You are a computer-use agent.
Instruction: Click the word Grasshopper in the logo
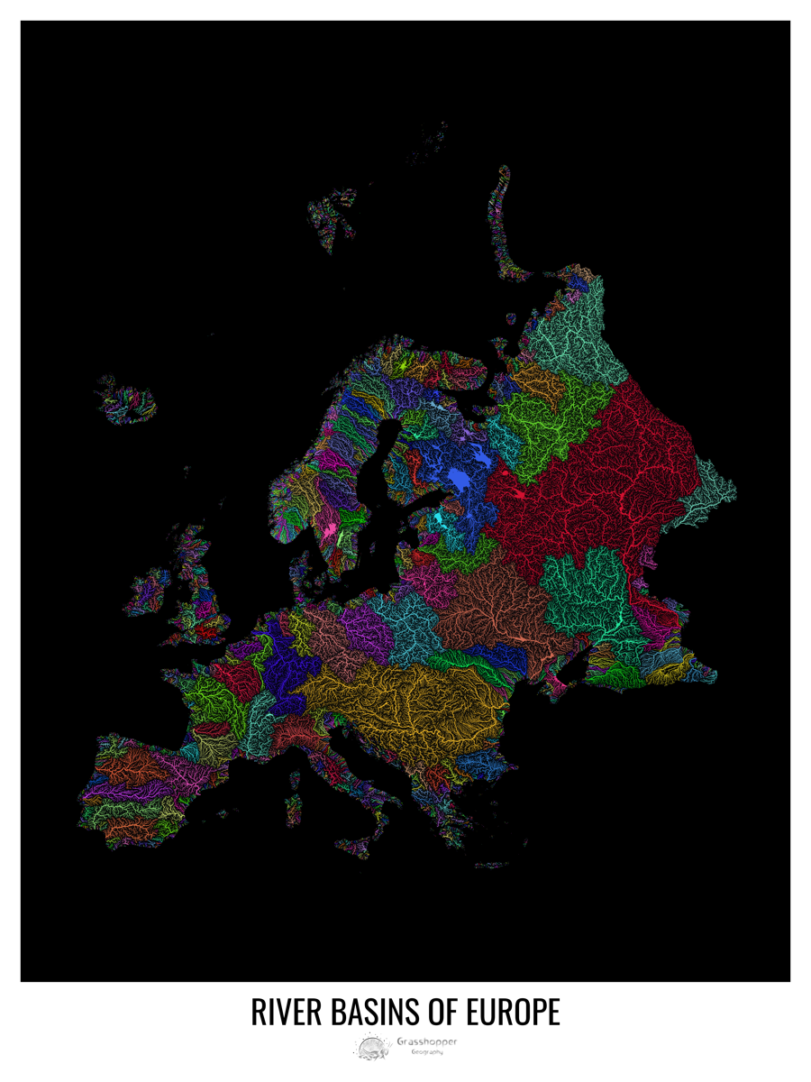pos(426,1041)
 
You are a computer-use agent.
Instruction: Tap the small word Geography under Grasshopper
pos(426,1052)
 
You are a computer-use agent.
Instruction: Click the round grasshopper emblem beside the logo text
pos(371,1047)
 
